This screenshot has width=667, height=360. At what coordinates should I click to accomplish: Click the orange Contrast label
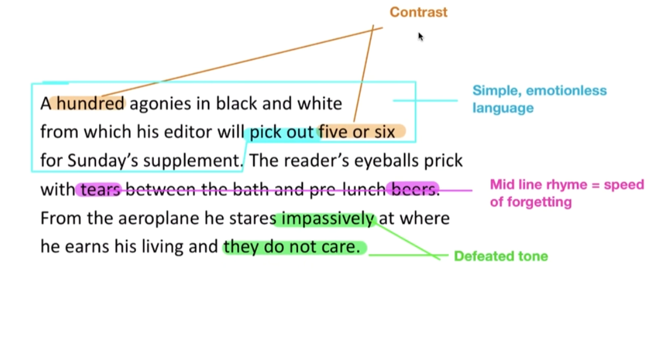click(x=418, y=12)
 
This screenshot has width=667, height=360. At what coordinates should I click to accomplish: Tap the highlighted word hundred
click(x=91, y=104)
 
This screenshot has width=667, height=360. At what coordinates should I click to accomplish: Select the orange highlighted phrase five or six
click(x=357, y=132)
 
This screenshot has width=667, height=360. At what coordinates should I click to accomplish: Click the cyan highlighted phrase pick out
click(x=281, y=132)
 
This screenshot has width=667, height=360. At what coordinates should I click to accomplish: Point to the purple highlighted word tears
click(x=100, y=190)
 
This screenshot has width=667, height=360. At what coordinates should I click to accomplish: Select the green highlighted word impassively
click(x=327, y=219)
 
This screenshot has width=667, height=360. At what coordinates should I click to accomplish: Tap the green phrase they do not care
click(x=292, y=247)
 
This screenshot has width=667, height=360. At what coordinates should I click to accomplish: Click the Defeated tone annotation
click(x=501, y=256)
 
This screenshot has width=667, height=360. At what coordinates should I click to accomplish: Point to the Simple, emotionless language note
click(x=539, y=99)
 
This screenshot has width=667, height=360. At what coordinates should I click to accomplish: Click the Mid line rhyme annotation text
click(x=566, y=193)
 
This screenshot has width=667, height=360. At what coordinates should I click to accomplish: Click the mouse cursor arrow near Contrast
click(x=421, y=37)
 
